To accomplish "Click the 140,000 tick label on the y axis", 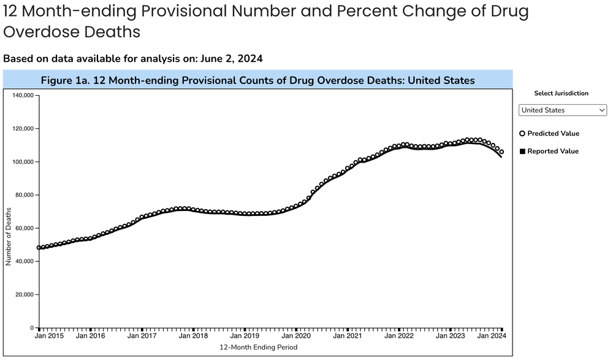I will [x=22, y=96].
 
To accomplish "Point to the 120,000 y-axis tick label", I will [x=22, y=129].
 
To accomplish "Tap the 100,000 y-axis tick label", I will [x=22, y=162].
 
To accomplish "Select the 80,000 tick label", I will [x=24, y=195].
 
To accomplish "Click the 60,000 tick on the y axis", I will [x=24, y=228].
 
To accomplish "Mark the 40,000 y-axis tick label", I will [x=24, y=261].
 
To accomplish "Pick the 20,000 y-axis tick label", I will [x=24, y=294].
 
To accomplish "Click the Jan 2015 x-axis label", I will [x=49, y=336].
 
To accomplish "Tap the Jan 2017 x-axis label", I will [x=143, y=336].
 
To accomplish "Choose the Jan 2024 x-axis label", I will [x=492, y=336].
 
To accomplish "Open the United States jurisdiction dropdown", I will [x=562, y=110].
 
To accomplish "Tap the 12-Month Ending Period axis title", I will [x=258, y=347].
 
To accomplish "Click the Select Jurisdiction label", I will [x=562, y=93].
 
